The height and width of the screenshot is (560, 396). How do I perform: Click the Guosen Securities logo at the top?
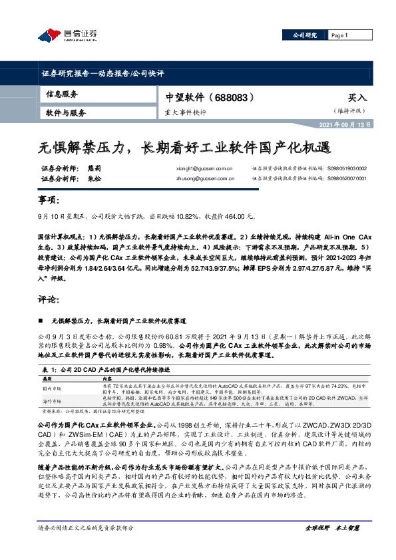pyautogui.click(x=67, y=35)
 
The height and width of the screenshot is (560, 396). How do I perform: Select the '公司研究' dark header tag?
pyautogui.click(x=304, y=35)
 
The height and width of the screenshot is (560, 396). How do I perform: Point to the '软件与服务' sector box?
pyautogui.click(x=67, y=113)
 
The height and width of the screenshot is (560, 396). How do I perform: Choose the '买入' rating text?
pyautogui.click(x=357, y=97)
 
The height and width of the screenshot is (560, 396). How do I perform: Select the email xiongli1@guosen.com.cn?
pyautogui.click(x=201, y=169)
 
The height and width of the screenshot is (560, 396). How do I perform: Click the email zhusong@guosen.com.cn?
pyautogui.click(x=202, y=179)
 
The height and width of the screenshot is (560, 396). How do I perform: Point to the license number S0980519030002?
pyautogui.click(x=347, y=169)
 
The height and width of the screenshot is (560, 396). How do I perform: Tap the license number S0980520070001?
pyautogui.click(x=347, y=179)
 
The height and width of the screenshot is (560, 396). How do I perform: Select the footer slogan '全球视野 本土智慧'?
pyautogui.click(x=333, y=546)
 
